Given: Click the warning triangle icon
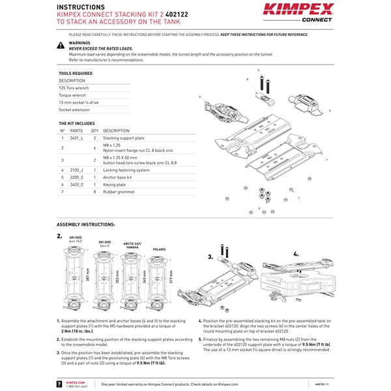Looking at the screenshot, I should point(61,46).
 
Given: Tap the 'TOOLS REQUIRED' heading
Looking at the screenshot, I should point(76,74).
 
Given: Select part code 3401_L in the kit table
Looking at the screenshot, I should point(77,138).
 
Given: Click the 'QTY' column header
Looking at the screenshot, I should point(94,130).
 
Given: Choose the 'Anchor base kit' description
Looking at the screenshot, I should point(119,177).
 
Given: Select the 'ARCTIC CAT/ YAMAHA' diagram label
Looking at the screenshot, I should point(134,245).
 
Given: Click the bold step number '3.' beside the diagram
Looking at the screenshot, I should point(210,257).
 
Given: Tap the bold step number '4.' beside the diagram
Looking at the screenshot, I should point(296,253).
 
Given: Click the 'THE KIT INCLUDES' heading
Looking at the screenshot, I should point(76,123).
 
